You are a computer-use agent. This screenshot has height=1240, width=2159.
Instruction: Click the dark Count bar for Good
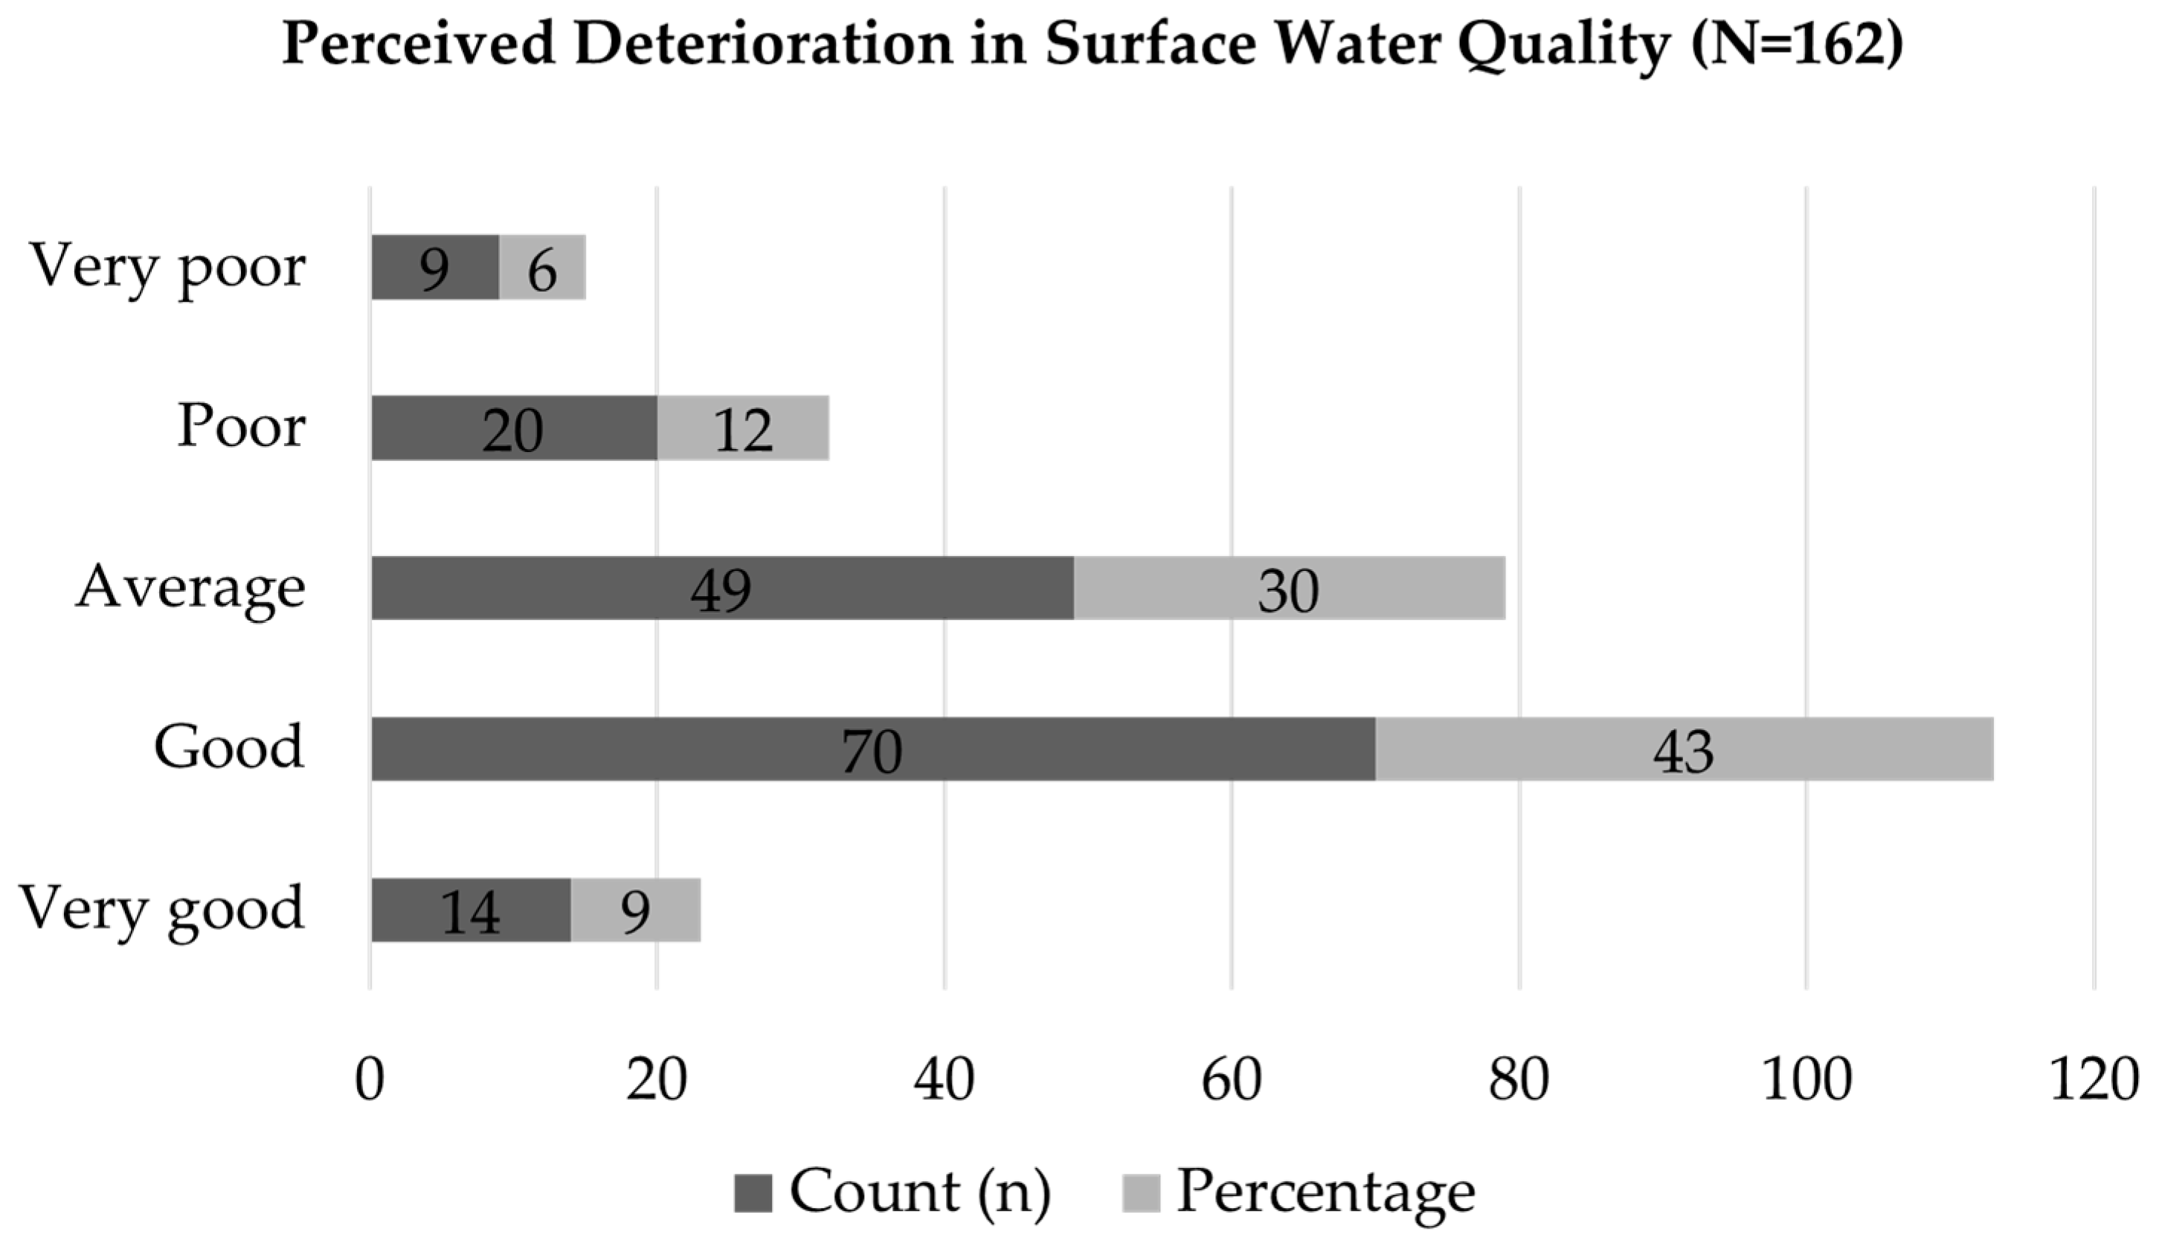point(873,749)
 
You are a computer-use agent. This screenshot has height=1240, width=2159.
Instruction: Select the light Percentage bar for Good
point(1685,749)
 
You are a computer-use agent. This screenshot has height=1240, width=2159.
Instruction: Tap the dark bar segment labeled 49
point(722,587)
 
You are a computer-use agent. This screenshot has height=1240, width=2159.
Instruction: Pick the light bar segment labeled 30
point(1289,587)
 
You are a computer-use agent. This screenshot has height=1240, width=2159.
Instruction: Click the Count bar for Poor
point(514,427)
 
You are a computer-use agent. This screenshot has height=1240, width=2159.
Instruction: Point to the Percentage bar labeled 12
point(743,427)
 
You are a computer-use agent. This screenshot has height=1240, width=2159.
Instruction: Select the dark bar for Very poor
point(434,268)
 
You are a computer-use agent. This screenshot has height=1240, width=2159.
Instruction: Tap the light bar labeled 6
point(543,268)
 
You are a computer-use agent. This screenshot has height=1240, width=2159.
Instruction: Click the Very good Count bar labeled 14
point(470,910)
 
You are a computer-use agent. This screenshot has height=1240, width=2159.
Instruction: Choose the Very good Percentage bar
point(636,910)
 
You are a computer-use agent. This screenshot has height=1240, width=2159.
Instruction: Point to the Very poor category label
point(168,268)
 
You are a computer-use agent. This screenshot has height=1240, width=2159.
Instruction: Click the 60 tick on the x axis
point(1232,1080)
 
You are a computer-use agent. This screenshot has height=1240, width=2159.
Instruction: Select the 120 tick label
point(2094,1080)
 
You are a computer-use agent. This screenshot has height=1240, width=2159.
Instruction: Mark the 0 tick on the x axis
point(370,1080)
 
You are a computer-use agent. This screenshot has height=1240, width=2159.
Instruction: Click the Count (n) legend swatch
point(753,1193)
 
